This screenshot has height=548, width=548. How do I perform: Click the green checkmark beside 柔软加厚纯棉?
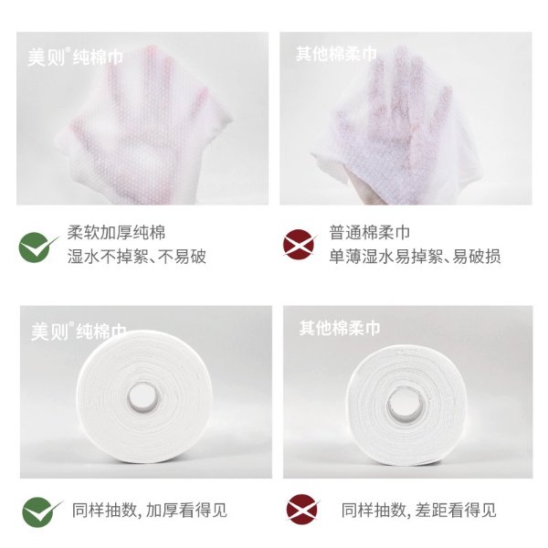coord(37,247)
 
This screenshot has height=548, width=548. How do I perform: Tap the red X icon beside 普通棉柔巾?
coord(300,244)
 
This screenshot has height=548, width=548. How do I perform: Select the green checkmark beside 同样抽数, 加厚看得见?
coord(41,512)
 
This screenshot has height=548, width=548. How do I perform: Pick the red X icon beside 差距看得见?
coord(302,510)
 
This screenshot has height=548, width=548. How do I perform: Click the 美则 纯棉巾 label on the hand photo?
coord(76,57)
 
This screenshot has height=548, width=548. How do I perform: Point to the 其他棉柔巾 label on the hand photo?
coord(336,54)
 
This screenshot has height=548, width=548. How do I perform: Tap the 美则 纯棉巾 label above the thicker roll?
coord(79,331)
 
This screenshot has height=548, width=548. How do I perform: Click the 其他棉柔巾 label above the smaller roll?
coord(340,328)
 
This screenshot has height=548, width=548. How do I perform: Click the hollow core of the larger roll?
coord(143,397)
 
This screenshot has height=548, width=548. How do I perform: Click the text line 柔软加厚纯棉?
coord(116,232)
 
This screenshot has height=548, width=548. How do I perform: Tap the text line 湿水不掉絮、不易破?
coord(137,256)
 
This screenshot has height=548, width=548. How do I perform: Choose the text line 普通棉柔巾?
coord(370,232)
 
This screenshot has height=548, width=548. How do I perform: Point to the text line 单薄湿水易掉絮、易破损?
coord(415,256)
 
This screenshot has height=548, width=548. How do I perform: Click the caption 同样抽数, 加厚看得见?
coord(150,510)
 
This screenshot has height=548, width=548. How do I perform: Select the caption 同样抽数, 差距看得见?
coord(418,510)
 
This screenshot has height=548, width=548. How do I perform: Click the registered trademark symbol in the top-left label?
coord(68,49)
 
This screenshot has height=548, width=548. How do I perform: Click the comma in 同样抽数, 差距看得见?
coord(408,516)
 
